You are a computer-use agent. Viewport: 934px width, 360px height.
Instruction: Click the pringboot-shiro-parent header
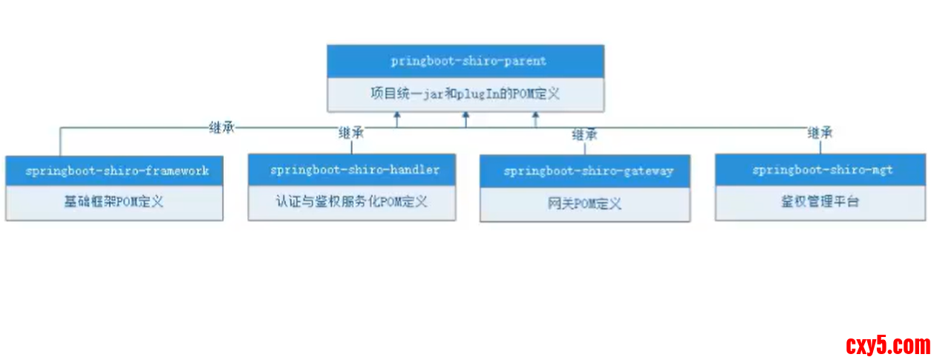coord(465,60)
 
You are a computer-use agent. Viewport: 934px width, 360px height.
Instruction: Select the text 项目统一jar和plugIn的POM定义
coord(465,94)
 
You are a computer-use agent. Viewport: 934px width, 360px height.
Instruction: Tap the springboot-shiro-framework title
coord(117,171)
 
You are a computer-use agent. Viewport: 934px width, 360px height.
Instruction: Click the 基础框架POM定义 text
coord(114,202)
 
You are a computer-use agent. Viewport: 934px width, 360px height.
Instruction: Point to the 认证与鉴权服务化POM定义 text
coord(351,201)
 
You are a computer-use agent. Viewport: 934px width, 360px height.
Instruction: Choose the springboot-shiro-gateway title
coord(588,171)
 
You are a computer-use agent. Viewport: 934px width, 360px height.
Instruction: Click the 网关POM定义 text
coord(584,203)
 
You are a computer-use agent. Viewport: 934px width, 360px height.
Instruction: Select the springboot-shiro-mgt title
coord(822,170)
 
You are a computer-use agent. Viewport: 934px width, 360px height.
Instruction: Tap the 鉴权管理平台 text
coord(820,201)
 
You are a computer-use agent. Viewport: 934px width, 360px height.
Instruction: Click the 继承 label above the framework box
coord(223,128)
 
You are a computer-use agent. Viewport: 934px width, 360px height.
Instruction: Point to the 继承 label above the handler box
coord(351,134)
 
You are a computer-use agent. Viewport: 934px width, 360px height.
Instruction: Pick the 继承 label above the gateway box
coord(584,134)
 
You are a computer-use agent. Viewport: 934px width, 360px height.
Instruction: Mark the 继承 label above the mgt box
coord(820,134)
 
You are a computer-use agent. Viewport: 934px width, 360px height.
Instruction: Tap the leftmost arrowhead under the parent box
coord(397,116)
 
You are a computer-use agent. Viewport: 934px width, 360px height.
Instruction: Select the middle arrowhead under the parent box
coord(466,116)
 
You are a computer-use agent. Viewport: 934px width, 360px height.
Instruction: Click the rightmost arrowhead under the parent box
coord(535,116)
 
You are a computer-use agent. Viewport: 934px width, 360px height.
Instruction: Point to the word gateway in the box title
coord(648,171)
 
